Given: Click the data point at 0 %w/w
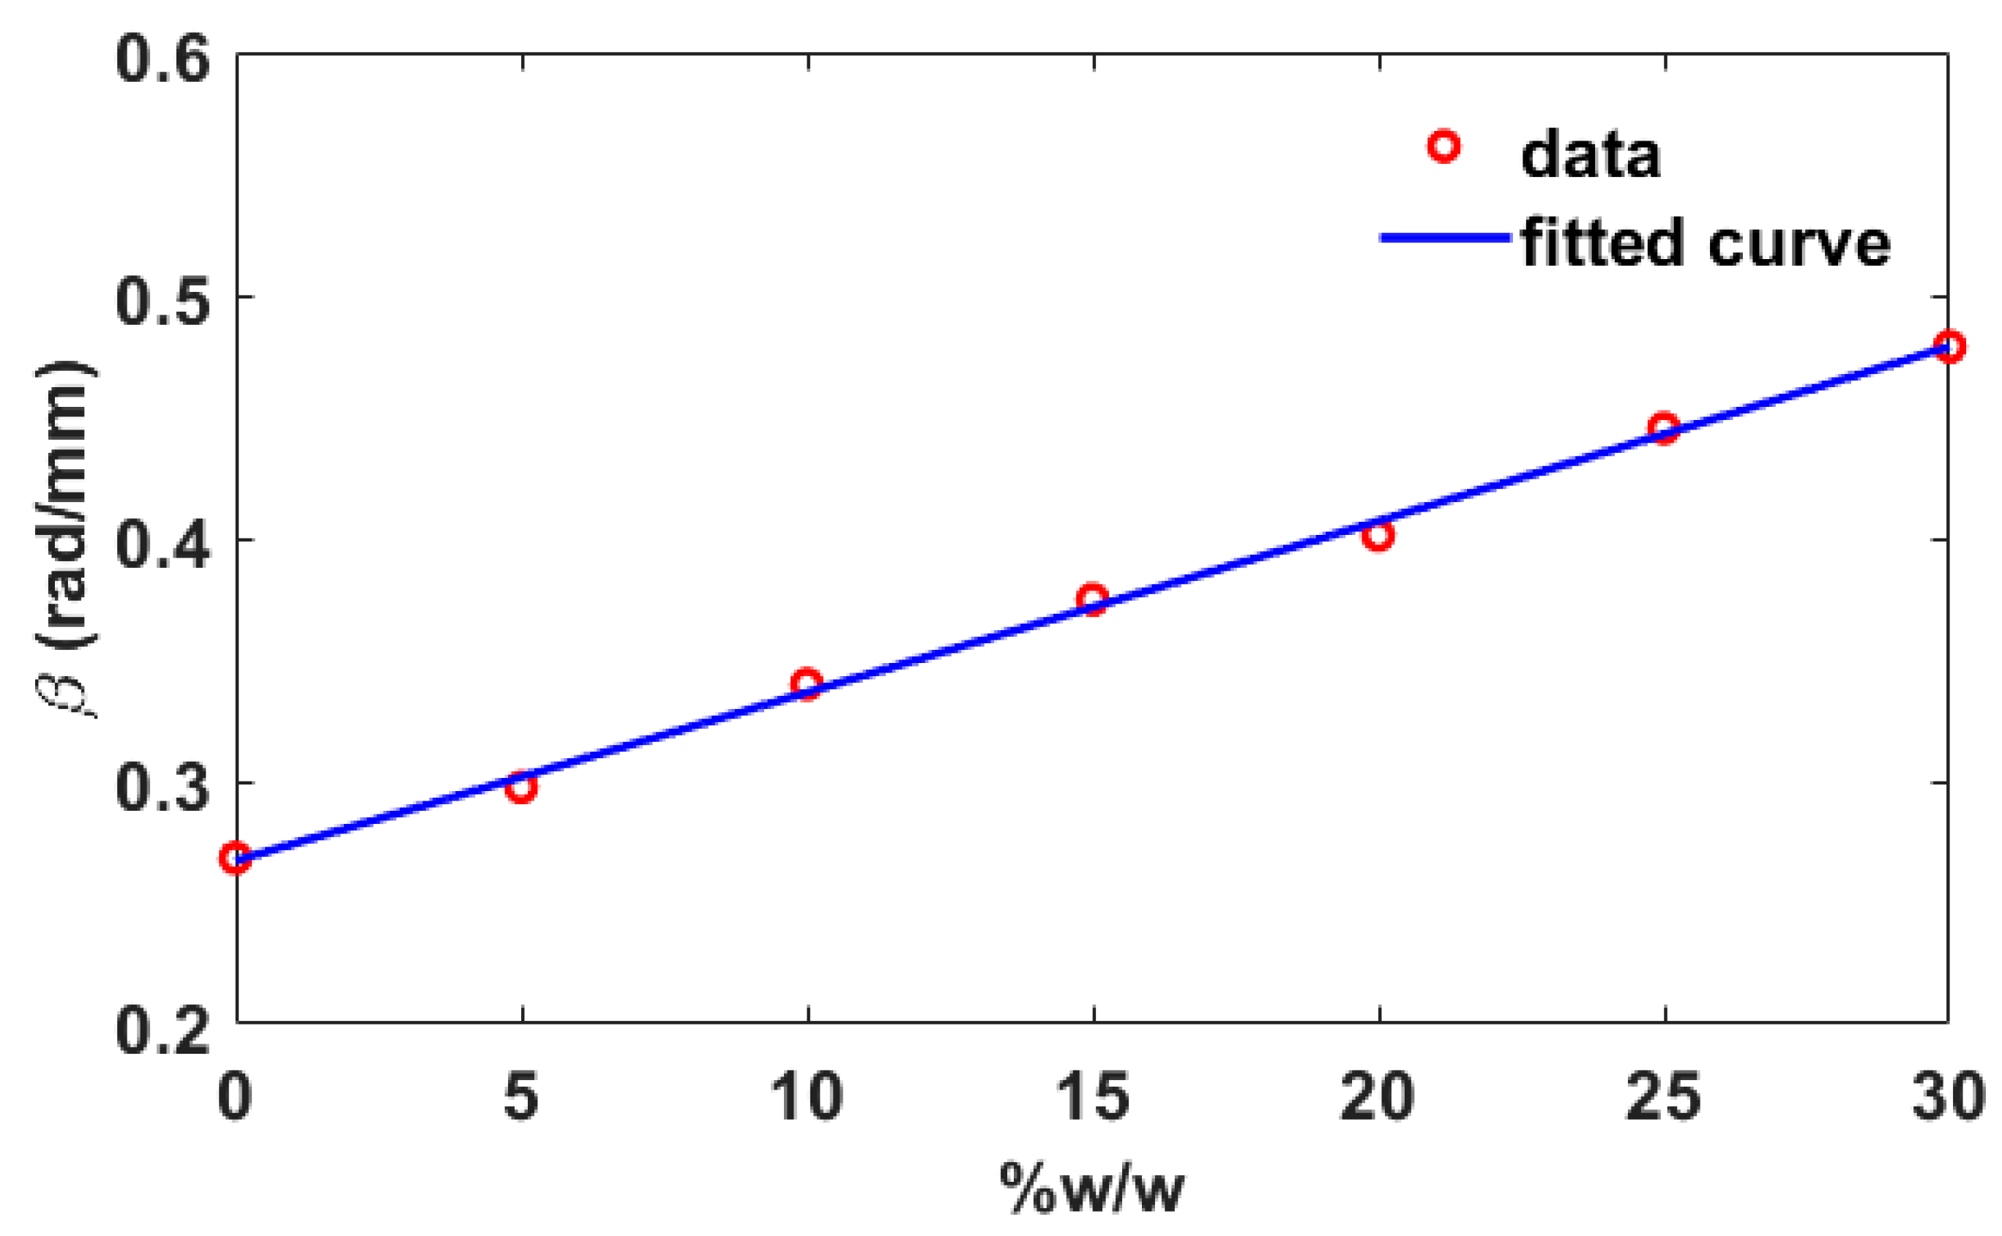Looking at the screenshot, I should point(236,858).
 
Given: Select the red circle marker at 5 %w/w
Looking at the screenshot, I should point(520,787).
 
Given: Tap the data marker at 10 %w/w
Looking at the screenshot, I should point(807,683).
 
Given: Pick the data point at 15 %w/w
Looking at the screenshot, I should point(1092,599).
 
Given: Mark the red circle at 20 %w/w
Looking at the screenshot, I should point(1378,536).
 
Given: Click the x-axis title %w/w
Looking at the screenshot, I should point(1092,1187).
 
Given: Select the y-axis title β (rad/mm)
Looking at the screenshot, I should point(65,539).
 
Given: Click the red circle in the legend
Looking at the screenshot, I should point(1443,146).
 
